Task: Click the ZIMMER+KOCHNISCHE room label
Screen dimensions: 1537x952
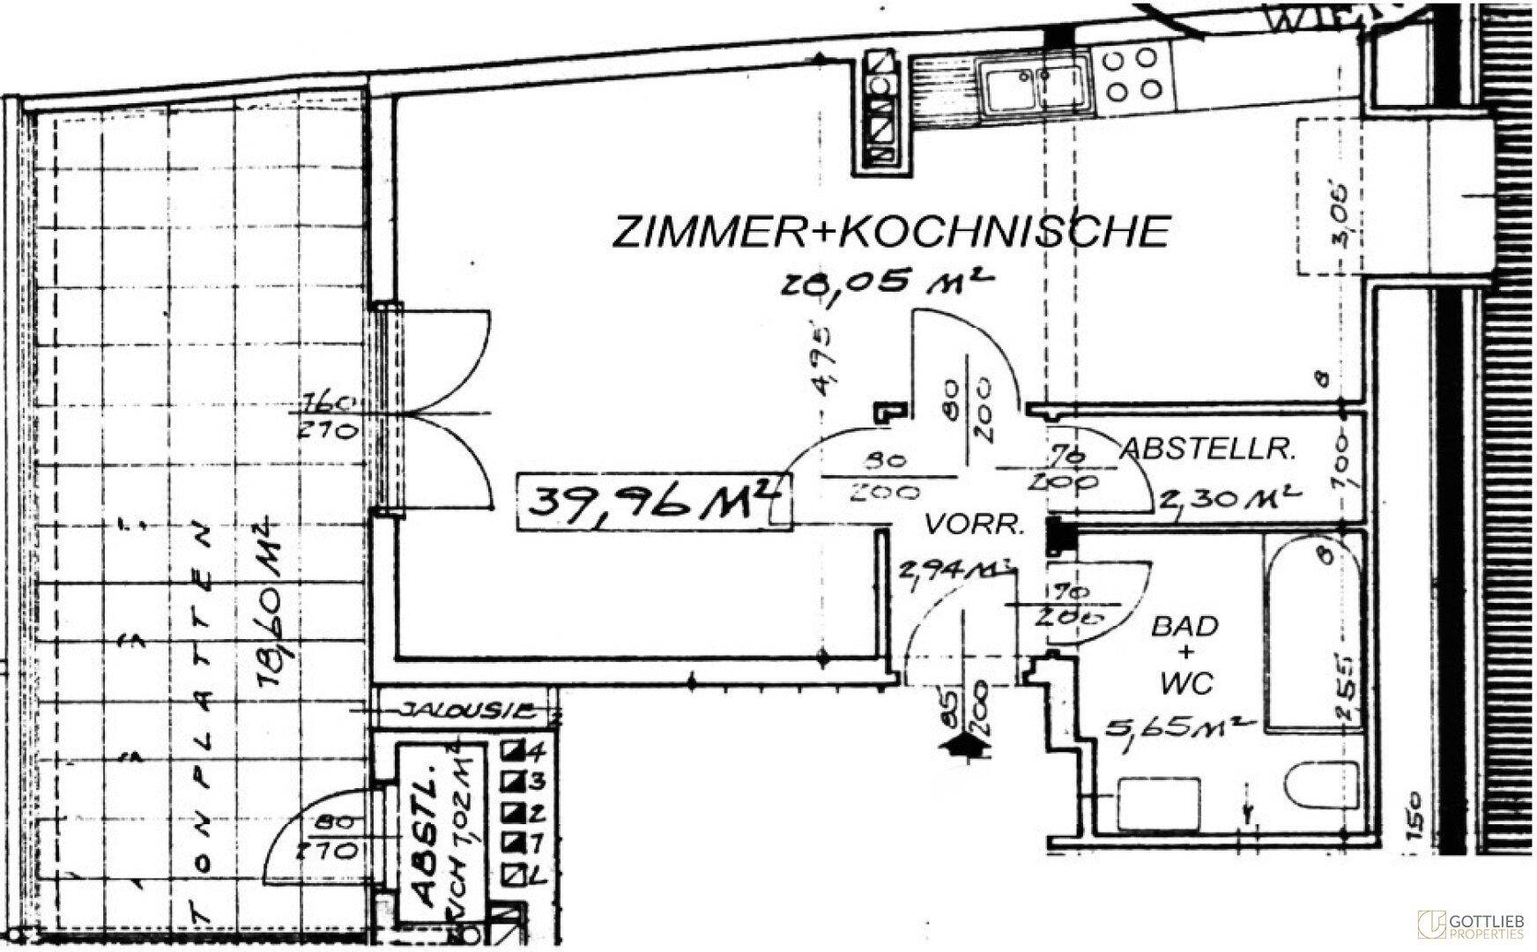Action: (x=890, y=230)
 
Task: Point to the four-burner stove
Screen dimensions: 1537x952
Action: (x=1132, y=74)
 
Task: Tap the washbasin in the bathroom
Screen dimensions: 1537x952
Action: (x=1158, y=802)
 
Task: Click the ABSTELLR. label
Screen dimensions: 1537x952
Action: (x=1207, y=450)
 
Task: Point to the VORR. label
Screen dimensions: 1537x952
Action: (x=974, y=526)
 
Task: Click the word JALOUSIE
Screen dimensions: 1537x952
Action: (x=467, y=709)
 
